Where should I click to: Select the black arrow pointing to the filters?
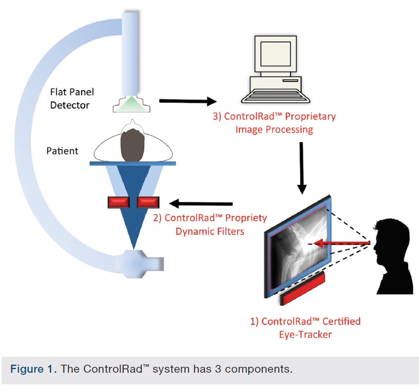pyautogui.click(x=200, y=203)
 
